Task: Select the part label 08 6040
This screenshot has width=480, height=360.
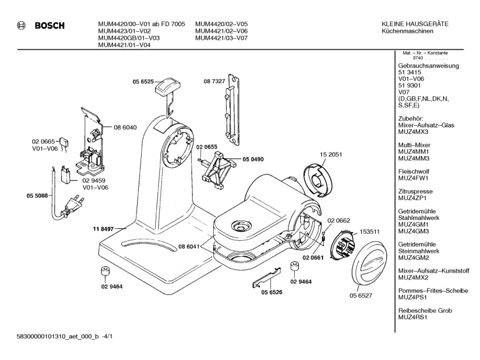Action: (125, 128)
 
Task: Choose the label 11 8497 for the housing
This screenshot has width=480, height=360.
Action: (103, 228)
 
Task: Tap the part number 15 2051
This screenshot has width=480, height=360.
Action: (331, 155)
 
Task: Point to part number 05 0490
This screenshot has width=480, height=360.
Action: (254, 159)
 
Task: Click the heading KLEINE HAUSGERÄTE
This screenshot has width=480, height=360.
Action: (416, 24)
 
